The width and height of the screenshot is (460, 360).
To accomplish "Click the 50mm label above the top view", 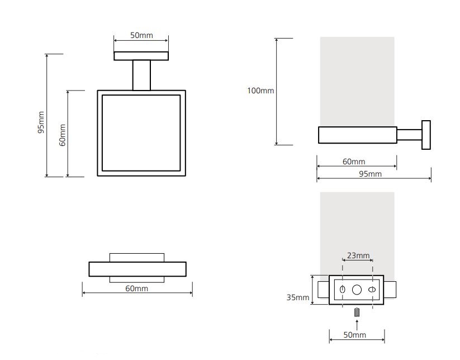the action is click(141, 35).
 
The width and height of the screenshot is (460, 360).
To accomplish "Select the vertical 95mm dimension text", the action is click(41, 122).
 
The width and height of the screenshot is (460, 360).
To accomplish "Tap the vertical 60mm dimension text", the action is click(62, 135).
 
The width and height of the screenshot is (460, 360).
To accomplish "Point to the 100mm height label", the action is click(260, 91).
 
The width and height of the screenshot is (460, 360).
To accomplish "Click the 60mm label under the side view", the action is click(354, 162).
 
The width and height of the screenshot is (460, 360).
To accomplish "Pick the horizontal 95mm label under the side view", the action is click(370, 174).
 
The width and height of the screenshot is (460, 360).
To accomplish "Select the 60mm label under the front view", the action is click(137, 288).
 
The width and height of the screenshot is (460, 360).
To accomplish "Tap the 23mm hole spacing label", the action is click(358, 255).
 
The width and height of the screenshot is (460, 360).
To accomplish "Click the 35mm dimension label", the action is click(298, 297).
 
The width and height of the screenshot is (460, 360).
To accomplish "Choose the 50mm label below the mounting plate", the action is click(355, 334).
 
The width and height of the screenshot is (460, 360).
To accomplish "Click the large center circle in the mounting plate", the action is click(357, 290).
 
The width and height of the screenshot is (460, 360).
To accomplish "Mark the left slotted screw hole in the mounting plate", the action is click(342, 290).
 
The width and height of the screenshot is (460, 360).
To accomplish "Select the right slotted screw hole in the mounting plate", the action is click(372, 290).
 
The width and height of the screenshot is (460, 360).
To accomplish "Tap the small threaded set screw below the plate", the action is click(357, 312).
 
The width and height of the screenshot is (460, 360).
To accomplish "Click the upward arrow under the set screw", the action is click(357, 325).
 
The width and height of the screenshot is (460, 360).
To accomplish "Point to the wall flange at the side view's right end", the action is click(426, 135).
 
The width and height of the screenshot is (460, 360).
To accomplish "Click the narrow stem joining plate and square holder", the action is click(141, 75).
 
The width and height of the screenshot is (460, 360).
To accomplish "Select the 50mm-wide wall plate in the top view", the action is click(141, 56).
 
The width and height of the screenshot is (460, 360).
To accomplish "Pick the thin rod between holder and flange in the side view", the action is click(410, 135).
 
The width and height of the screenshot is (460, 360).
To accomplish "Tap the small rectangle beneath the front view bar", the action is click(137, 280).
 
